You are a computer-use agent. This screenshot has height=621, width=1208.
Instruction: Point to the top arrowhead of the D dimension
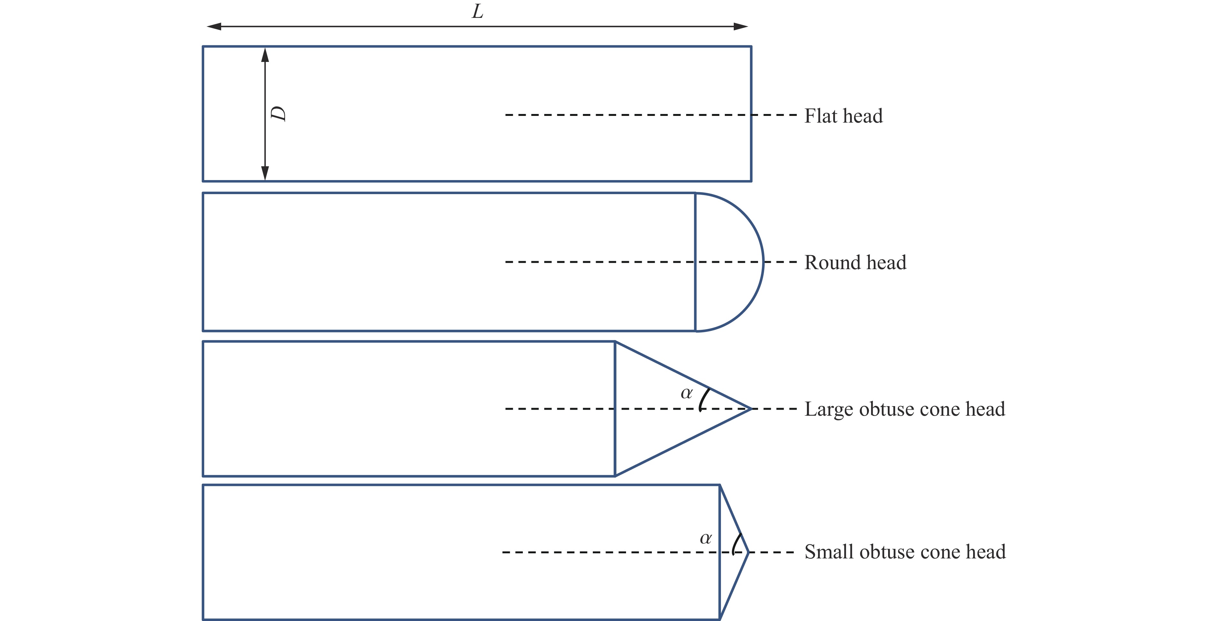[x=265, y=55]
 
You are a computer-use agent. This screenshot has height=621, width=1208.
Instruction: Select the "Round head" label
[x=856, y=262]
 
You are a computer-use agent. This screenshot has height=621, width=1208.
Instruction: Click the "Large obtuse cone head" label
[x=905, y=409]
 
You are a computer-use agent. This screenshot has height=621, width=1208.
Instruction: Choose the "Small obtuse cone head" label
[x=905, y=552]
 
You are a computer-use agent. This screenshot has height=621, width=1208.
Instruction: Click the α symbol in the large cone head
[x=686, y=393]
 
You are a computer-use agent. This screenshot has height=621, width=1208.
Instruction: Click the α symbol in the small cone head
[x=706, y=539]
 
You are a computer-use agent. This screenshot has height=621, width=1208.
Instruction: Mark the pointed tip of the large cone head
[x=752, y=409]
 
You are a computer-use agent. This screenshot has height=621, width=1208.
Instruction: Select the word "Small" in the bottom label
[x=829, y=552]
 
